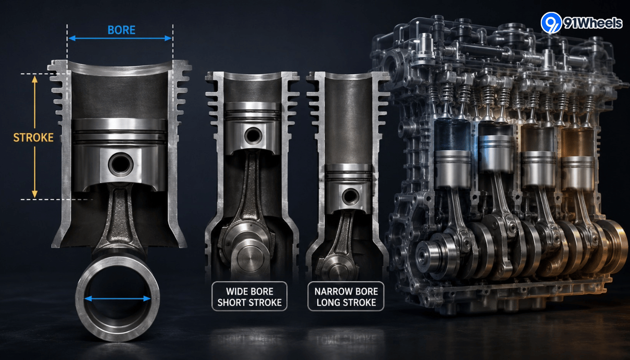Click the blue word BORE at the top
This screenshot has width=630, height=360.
pyautogui.click(x=121, y=30)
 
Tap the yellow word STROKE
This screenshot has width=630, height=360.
pyautogui.click(x=33, y=138)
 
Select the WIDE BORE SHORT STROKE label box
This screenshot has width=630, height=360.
pyautogui.click(x=249, y=297)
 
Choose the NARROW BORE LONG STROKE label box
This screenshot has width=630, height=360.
pyautogui.click(x=346, y=297)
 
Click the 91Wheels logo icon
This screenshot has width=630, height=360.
pyautogui.click(x=551, y=22)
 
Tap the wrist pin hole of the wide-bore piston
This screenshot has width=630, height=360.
pyautogui.click(x=253, y=136)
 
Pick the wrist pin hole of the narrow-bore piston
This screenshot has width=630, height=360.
pyautogui.click(x=351, y=196)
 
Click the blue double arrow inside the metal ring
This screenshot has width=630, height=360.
pyautogui.click(x=117, y=298)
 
